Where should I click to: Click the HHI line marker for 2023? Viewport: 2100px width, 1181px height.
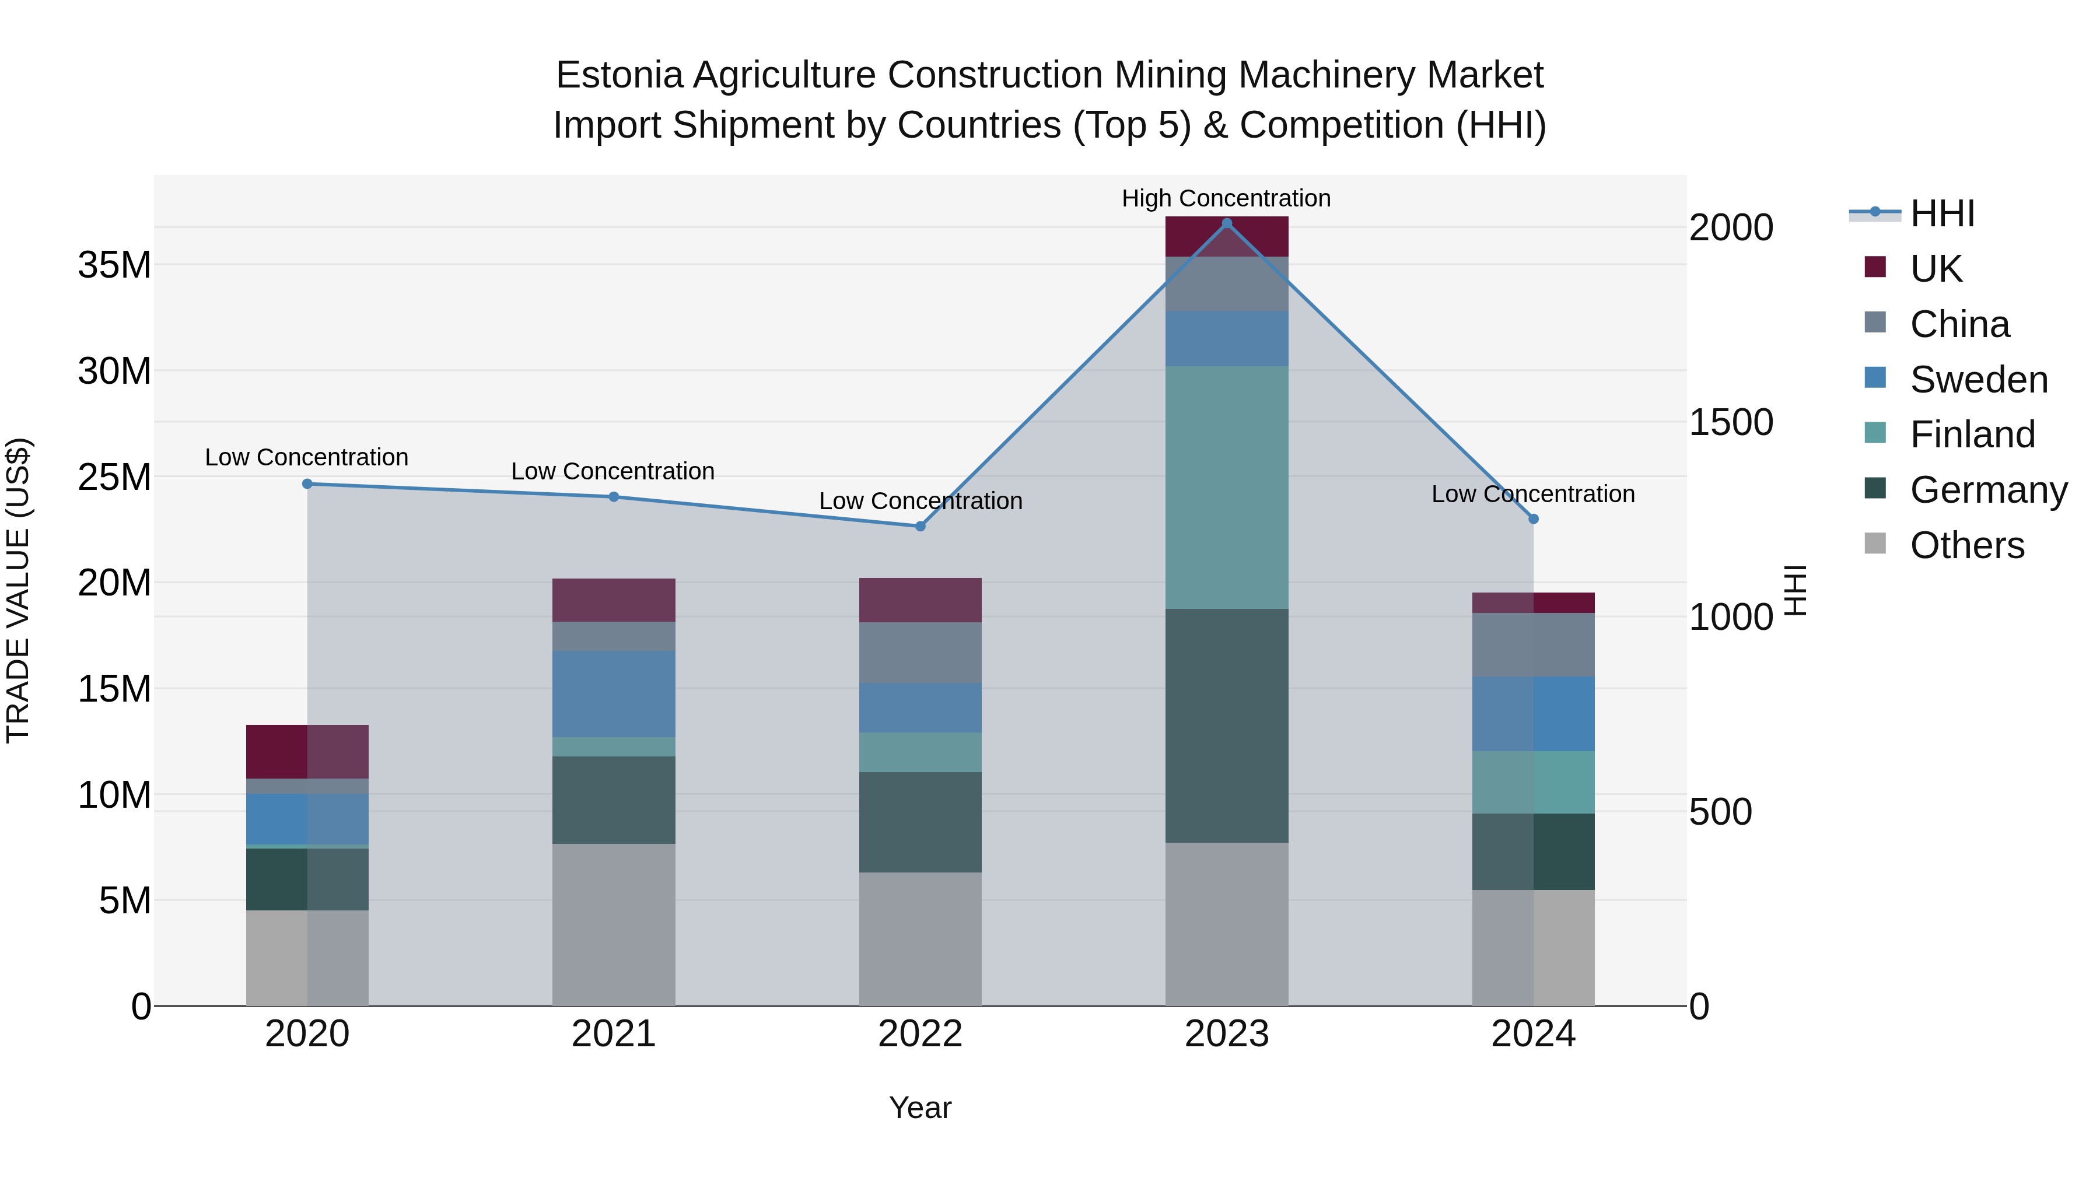click(1226, 223)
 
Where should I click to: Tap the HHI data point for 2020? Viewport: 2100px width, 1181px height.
click(307, 483)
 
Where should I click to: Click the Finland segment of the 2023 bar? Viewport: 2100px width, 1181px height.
click(1226, 488)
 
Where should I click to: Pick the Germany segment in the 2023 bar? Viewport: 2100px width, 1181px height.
click(1226, 726)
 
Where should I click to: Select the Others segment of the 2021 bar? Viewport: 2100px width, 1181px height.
click(614, 924)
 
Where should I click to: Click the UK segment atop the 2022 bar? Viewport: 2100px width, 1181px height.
click(921, 600)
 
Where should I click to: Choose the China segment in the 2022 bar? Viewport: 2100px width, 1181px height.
click(921, 652)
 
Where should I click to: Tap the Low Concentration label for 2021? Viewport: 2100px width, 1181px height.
click(612, 471)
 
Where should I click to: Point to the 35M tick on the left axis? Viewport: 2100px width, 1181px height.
click(114, 265)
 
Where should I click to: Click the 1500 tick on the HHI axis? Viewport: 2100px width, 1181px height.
click(1731, 422)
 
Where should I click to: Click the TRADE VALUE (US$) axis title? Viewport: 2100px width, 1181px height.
click(18, 590)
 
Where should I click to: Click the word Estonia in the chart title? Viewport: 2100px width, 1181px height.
click(619, 75)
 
